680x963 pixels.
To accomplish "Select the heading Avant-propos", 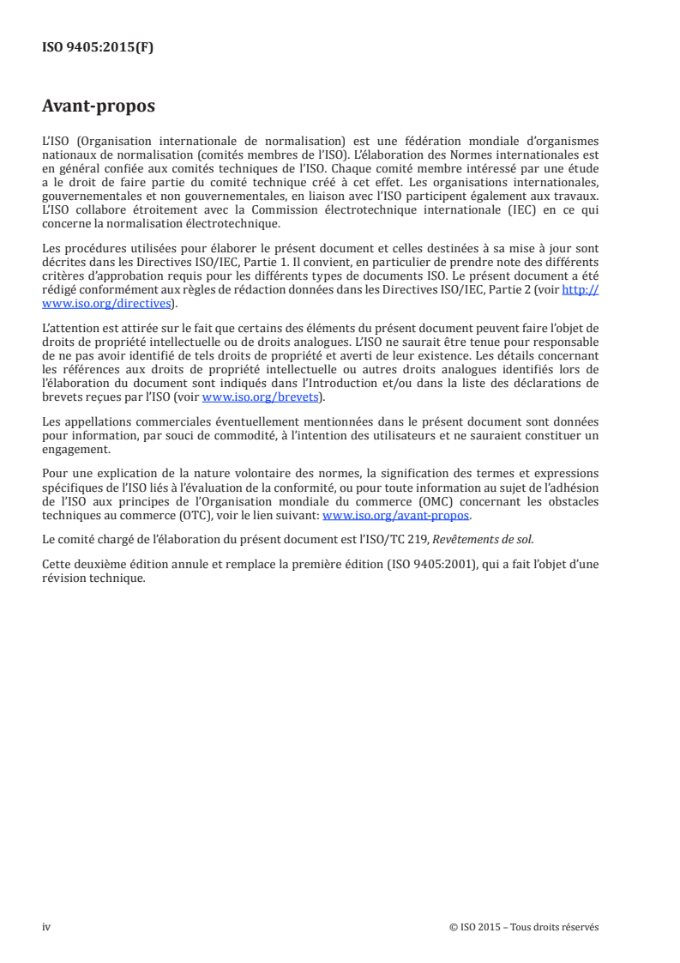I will [99, 107].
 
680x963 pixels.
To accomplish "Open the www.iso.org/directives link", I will [107, 304].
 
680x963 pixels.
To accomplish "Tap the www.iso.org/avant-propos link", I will [395, 516].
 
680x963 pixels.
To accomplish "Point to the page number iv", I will [46, 927].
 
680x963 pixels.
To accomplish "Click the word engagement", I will [75, 450].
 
